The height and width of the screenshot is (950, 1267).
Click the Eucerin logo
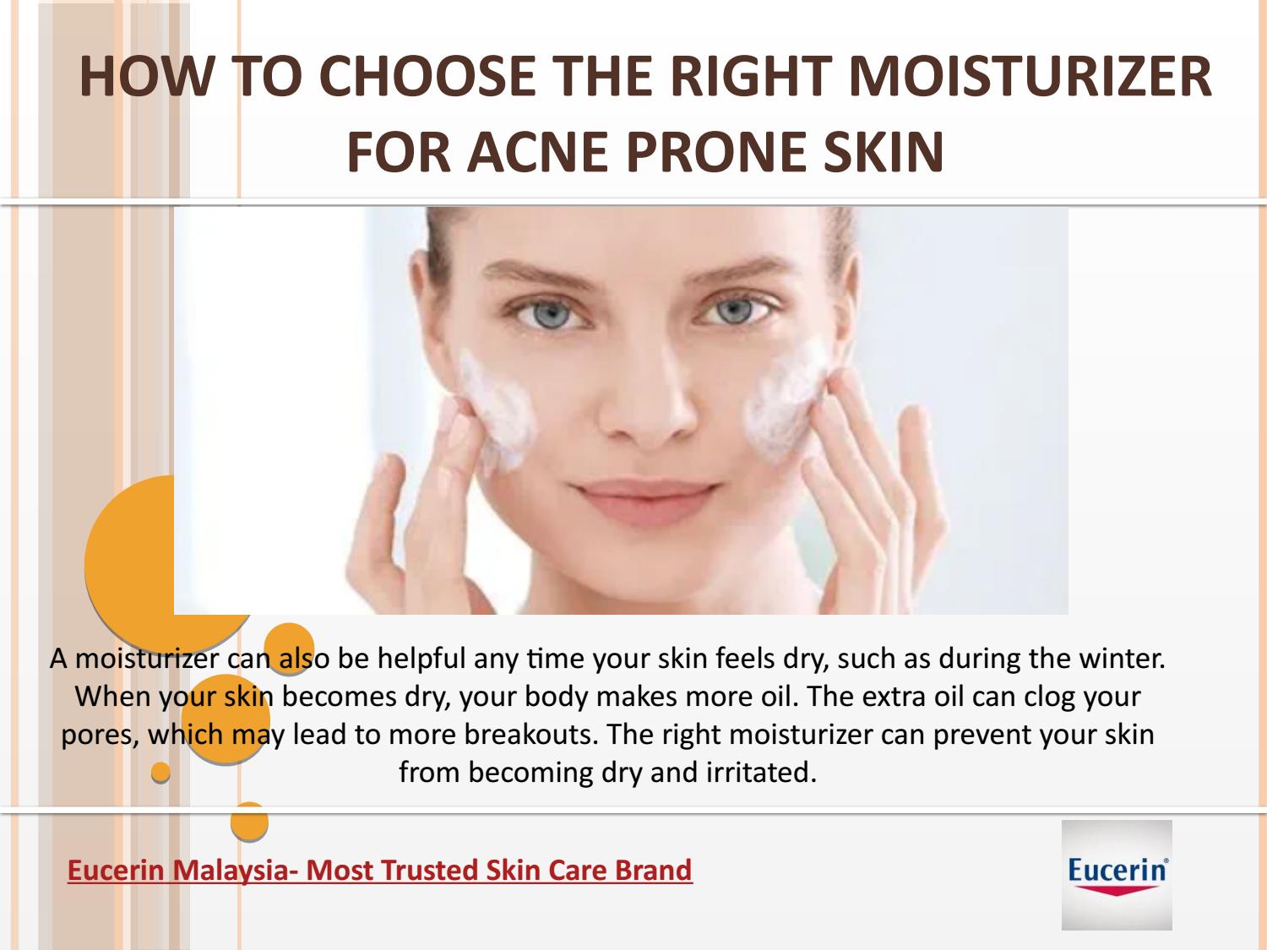pyautogui.click(x=1117, y=875)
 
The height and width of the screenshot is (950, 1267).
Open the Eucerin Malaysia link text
pyautogui.click(x=379, y=870)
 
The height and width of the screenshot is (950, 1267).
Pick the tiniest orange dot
pyautogui.click(x=160, y=773)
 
